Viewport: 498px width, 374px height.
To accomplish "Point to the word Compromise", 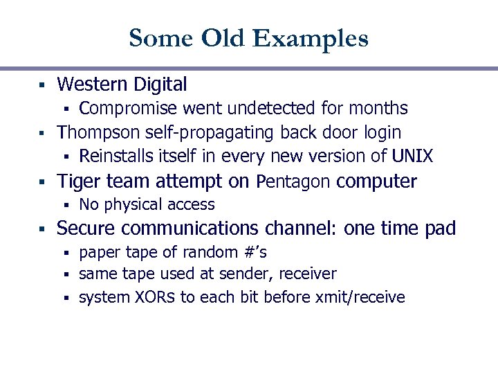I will coord(129,109).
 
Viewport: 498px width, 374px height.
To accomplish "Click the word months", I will coord(378,109).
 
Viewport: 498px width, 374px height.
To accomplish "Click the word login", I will coord(379,132).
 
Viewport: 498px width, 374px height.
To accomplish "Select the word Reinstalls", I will coord(114,156).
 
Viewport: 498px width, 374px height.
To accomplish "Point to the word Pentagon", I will coord(294,182).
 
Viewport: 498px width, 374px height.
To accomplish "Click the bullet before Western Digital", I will coord(41,85).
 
